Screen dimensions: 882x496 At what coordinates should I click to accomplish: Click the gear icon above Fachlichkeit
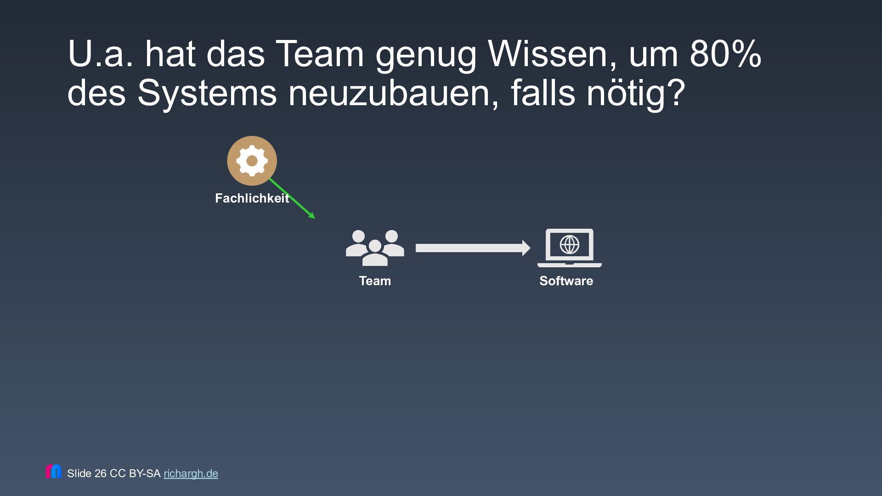pyautogui.click(x=252, y=161)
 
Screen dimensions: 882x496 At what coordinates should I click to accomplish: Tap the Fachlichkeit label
pyautogui.click(x=252, y=198)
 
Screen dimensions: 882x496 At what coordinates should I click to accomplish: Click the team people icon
pyautogui.click(x=375, y=248)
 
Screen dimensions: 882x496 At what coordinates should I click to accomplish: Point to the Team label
pyautogui.click(x=375, y=281)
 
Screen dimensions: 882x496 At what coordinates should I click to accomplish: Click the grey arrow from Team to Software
pyautogui.click(x=472, y=248)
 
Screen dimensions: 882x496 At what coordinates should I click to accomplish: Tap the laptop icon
pyautogui.click(x=569, y=248)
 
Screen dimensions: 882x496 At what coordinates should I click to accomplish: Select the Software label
pyautogui.click(x=566, y=281)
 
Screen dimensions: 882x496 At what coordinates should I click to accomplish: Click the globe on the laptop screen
pyautogui.click(x=570, y=244)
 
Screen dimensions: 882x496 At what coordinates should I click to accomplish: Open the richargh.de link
pyautogui.click(x=191, y=473)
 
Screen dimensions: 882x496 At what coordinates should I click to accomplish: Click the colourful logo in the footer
pyautogui.click(x=54, y=472)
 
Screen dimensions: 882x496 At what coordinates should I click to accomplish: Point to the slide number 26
pyautogui.click(x=100, y=473)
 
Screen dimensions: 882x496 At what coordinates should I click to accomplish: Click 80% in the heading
pyautogui.click(x=725, y=54)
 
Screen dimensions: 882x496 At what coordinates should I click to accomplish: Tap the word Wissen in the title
pyautogui.click(x=553, y=54)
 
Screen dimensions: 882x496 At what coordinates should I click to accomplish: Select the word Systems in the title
pyautogui.click(x=207, y=93)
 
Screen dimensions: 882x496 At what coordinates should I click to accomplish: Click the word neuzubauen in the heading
pyautogui.click(x=393, y=93)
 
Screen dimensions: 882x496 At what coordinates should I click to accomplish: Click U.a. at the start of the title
pyautogui.click(x=101, y=54)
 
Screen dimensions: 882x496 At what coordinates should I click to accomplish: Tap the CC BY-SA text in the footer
pyautogui.click(x=135, y=473)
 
